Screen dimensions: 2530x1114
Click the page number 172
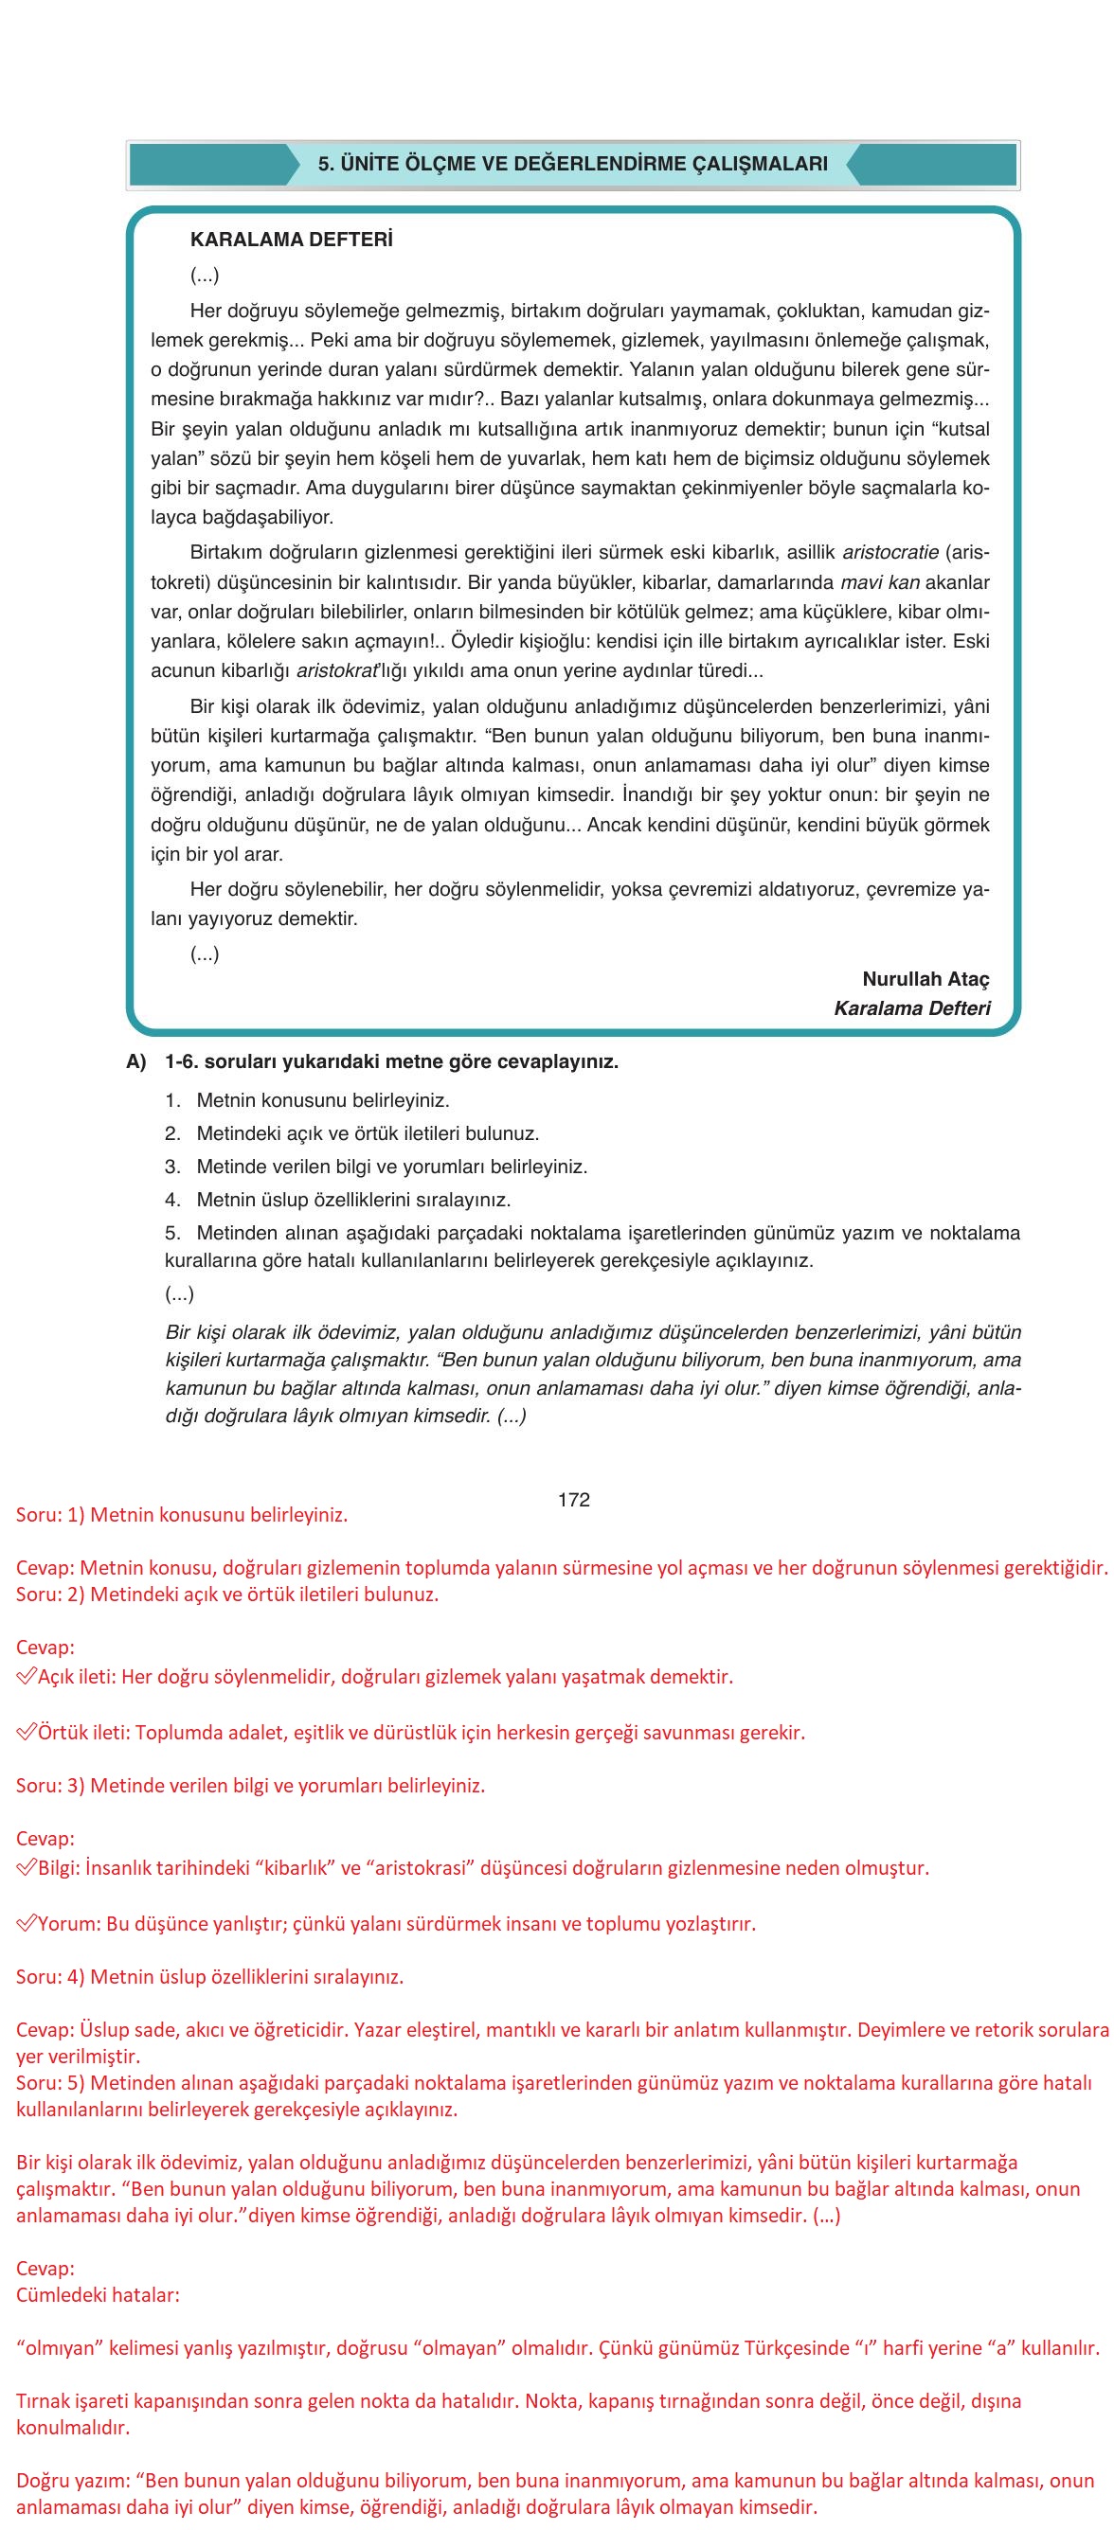click(573, 1500)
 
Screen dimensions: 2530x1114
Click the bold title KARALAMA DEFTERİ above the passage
click(291, 240)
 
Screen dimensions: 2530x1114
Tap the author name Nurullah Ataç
click(925, 978)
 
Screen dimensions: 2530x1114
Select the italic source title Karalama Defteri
click(911, 1007)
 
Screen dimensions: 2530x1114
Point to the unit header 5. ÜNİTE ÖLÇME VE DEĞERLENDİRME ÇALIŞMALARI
click(573, 164)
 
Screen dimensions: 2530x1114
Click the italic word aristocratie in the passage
click(890, 553)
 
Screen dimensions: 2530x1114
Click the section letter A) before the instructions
click(136, 1061)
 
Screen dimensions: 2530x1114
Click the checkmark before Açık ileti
click(27, 1677)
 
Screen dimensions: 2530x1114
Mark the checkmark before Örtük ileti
click(27, 1733)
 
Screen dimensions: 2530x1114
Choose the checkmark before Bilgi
click(27, 1868)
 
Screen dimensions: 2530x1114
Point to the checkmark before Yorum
click(27, 1924)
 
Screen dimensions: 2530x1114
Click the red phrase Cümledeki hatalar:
click(99, 2295)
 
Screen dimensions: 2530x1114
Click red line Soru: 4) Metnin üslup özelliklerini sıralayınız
click(209, 1977)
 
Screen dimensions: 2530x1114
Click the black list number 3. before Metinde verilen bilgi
click(173, 1167)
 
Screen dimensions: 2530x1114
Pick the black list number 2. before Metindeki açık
click(173, 1133)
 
